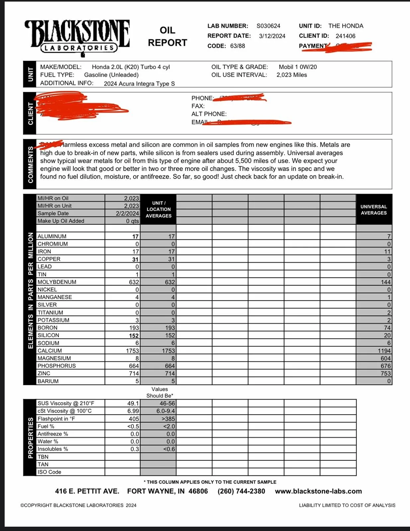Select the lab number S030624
pyautogui.click(x=268, y=26)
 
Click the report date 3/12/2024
pyautogui.click(x=272, y=36)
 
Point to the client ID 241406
pyautogui.click(x=345, y=36)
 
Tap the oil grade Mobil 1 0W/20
pyautogui.click(x=297, y=67)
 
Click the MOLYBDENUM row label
pyautogui.click(x=57, y=282)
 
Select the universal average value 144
pyautogui.click(x=385, y=282)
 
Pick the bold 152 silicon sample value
pyautogui.click(x=134, y=336)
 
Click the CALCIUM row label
pyautogui.click(x=49, y=351)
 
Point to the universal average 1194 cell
pyautogui.click(x=384, y=351)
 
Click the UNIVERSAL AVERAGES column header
pyautogui.click(x=373, y=210)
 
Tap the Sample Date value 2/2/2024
pyautogui.click(x=127, y=213)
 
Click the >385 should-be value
pyautogui.click(x=168, y=419)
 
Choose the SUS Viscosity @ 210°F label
pyautogui.click(x=66, y=404)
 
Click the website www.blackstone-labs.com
pyautogui.click(x=318, y=491)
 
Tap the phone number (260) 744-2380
pyautogui.click(x=241, y=491)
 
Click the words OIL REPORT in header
pyautogui.click(x=167, y=37)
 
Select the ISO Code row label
pyautogui.click(x=49, y=472)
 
